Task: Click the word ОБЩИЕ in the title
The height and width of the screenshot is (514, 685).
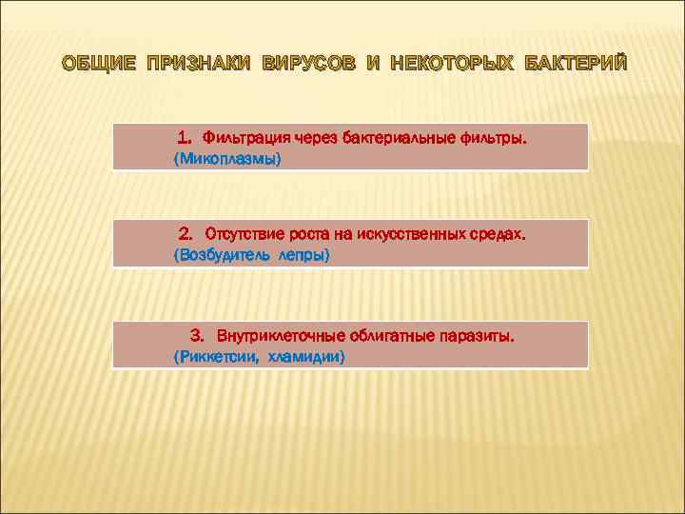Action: coord(98,64)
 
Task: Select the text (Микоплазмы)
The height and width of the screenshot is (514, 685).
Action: coord(227,160)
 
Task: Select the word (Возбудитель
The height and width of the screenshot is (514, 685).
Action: coord(222,255)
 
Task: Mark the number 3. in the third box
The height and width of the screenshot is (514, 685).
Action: coord(197,336)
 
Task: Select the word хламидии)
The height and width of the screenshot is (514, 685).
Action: coord(306,357)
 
